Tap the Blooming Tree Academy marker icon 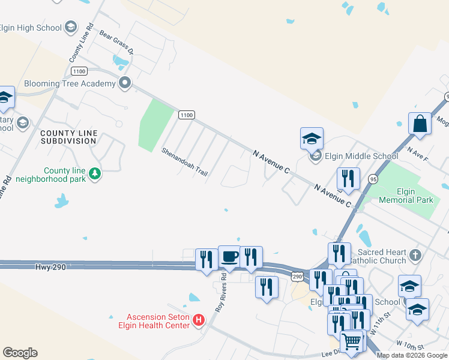(x=125, y=83)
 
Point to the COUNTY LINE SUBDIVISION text (x=68, y=136)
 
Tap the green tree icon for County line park (x=95, y=174)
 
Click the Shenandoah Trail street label (x=184, y=162)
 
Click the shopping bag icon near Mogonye (x=420, y=123)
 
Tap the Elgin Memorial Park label (x=406, y=196)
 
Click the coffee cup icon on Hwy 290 (x=229, y=257)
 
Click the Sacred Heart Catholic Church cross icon (x=415, y=256)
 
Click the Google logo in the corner (x=20, y=353)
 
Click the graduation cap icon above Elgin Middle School (x=312, y=138)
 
